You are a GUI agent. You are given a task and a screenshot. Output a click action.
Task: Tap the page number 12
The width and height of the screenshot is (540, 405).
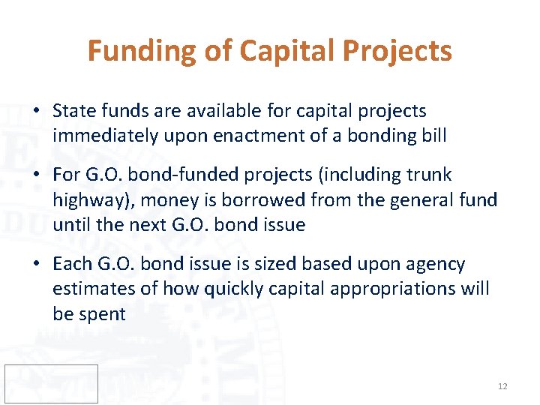click(x=502, y=386)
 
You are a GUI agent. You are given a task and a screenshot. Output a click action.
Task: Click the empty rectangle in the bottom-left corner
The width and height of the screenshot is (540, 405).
click(x=51, y=383)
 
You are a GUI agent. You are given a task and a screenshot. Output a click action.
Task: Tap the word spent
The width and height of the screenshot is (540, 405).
click(x=102, y=314)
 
